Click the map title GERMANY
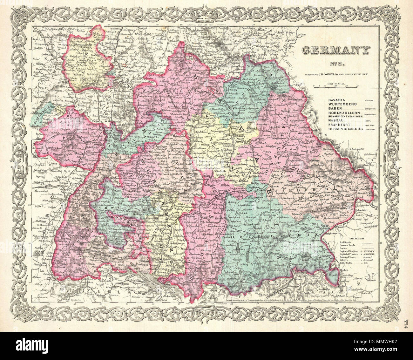[x=335, y=51]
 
